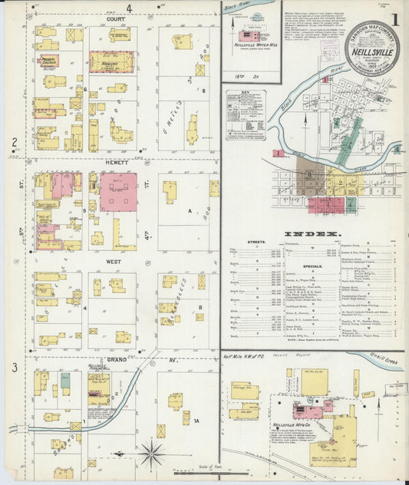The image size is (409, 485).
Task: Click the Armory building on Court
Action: pyautogui.click(x=111, y=61)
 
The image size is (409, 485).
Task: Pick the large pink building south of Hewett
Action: pyautogui.click(x=118, y=191)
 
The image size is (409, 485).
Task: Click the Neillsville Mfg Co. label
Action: pyautogui.click(x=291, y=424)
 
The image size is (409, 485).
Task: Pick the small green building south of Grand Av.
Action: pyautogui.click(x=65, y=380)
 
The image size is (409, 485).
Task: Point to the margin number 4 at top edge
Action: pyautogui.click(x=129, y=8)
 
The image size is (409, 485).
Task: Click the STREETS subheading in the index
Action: pyautogui.click(x=256, y=242)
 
